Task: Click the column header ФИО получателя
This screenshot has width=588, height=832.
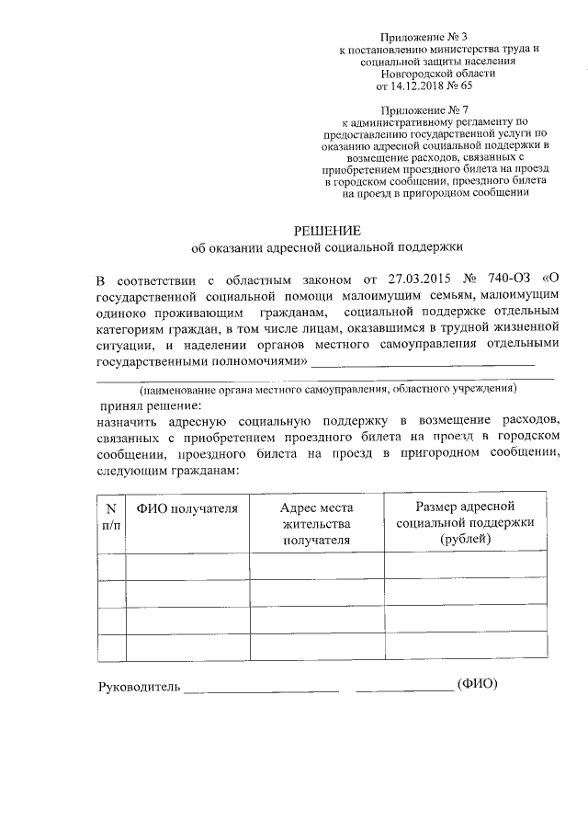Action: pos(187,508)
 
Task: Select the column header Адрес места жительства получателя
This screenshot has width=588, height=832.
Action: pos(317,524)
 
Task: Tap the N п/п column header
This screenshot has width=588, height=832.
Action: pos(110,516)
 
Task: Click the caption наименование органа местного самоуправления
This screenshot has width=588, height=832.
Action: pos(327,390)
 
